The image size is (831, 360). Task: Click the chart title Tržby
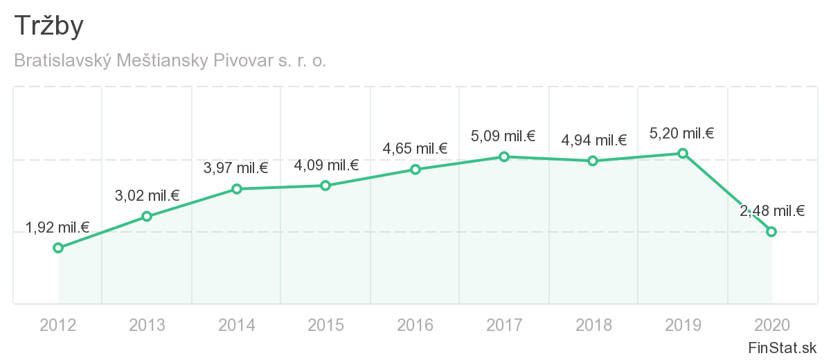coord(48,26)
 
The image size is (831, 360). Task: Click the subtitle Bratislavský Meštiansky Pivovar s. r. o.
coord(170,61)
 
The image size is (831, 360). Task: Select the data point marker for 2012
coord(58,248)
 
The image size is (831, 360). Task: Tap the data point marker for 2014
coord(237,189)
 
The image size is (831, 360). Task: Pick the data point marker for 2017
coord(504,157)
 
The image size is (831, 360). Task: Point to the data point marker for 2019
coord(683,153)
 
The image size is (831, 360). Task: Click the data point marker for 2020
coord(771,231)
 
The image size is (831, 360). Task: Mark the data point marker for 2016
coord(415,170)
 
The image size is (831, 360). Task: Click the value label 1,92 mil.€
coord(58,227)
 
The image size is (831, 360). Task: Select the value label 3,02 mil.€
coord(147,196)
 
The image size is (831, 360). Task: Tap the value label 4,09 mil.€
coord(326,165)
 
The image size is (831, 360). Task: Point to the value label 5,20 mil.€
coord(682,134)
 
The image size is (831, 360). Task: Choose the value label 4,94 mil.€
coord(593,141)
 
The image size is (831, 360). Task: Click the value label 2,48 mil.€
coord(771,212)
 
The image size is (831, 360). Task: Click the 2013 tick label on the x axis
coord(147,325)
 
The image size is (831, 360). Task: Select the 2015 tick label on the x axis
coord(326,325)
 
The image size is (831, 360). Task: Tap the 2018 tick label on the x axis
coord(593,325)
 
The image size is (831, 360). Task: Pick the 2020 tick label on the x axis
coord(771,325)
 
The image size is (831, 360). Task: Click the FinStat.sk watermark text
coord(783,348)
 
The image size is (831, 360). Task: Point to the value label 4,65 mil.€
coord(415,149)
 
